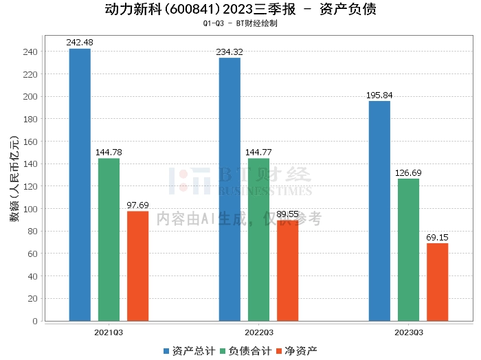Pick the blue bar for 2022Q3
230,189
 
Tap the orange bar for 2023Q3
437,282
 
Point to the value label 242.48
80,43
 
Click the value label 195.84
379,95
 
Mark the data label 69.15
437,237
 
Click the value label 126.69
408,173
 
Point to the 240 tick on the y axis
31,52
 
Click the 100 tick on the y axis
31,209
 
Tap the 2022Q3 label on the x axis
258,332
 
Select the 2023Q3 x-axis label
408,332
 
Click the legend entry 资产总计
188,350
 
